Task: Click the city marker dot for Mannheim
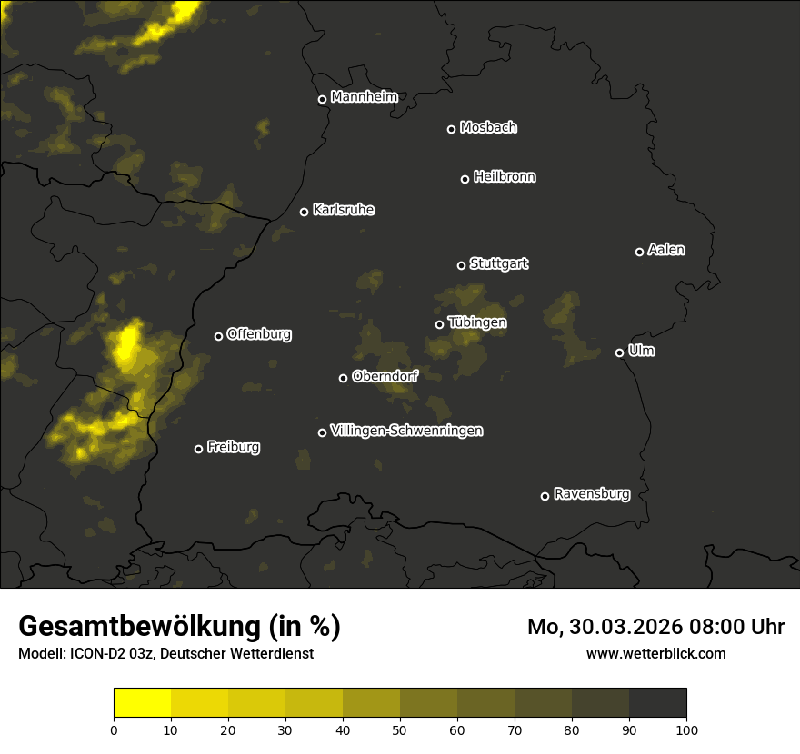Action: pyautogui.click(x=322, y=100)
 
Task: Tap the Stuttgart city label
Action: pyautogui.click(x=498, y=264)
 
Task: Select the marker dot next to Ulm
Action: pyautogui.click(x=619, y=352)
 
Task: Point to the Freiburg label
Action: pyautogui.click(x=233, y=447)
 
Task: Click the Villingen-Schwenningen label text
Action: pyautogui.click(x=406, y=431)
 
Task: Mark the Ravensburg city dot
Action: pyautogui.click(x=545, y=496)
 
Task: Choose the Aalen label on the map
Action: pyautogui.click(x=666, y=250)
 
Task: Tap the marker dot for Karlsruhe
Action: pyautogui.click(x=304, y=213)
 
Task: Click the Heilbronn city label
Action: pyautogui.click(x=505, y=177)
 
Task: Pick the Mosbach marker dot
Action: pyautogui.click(x=451, y=130)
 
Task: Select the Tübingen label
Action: pyautogui.click(x=477, y=322)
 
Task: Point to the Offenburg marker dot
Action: pyautogui.click(x=218, y=336)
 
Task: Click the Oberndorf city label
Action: pyautogui.click(x=385, y=376)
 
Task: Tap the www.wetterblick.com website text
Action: pyautogui.click(x=655, y=653)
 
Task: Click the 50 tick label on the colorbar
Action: pyautogui.click(x=400, y=729)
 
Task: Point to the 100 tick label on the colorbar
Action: pyautogui.click(x=686, y=729)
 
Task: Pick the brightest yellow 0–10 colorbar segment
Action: pyautogui.click(x=142, y=703)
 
